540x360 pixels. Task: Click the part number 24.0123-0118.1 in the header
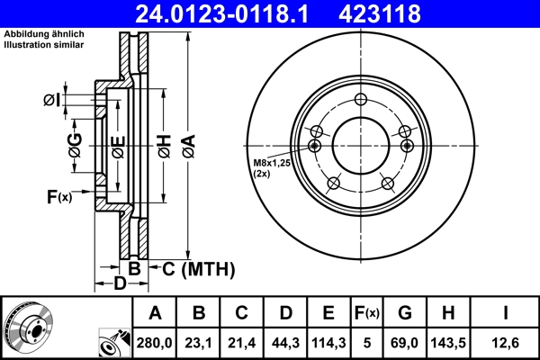[x=233, y=14]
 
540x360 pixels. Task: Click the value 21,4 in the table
[x=242, y=341]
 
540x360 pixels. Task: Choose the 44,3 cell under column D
[x=285, y=341]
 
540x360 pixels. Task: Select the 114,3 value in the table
[x=328, y=341]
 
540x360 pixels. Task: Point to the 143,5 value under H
[x=450, y=341]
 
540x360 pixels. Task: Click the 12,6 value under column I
[x=504, y=341]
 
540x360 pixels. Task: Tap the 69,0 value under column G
[x=405, y=341]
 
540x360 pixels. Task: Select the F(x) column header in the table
[x=367, y=313]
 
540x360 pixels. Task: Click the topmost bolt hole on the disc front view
[x=361, y=100]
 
